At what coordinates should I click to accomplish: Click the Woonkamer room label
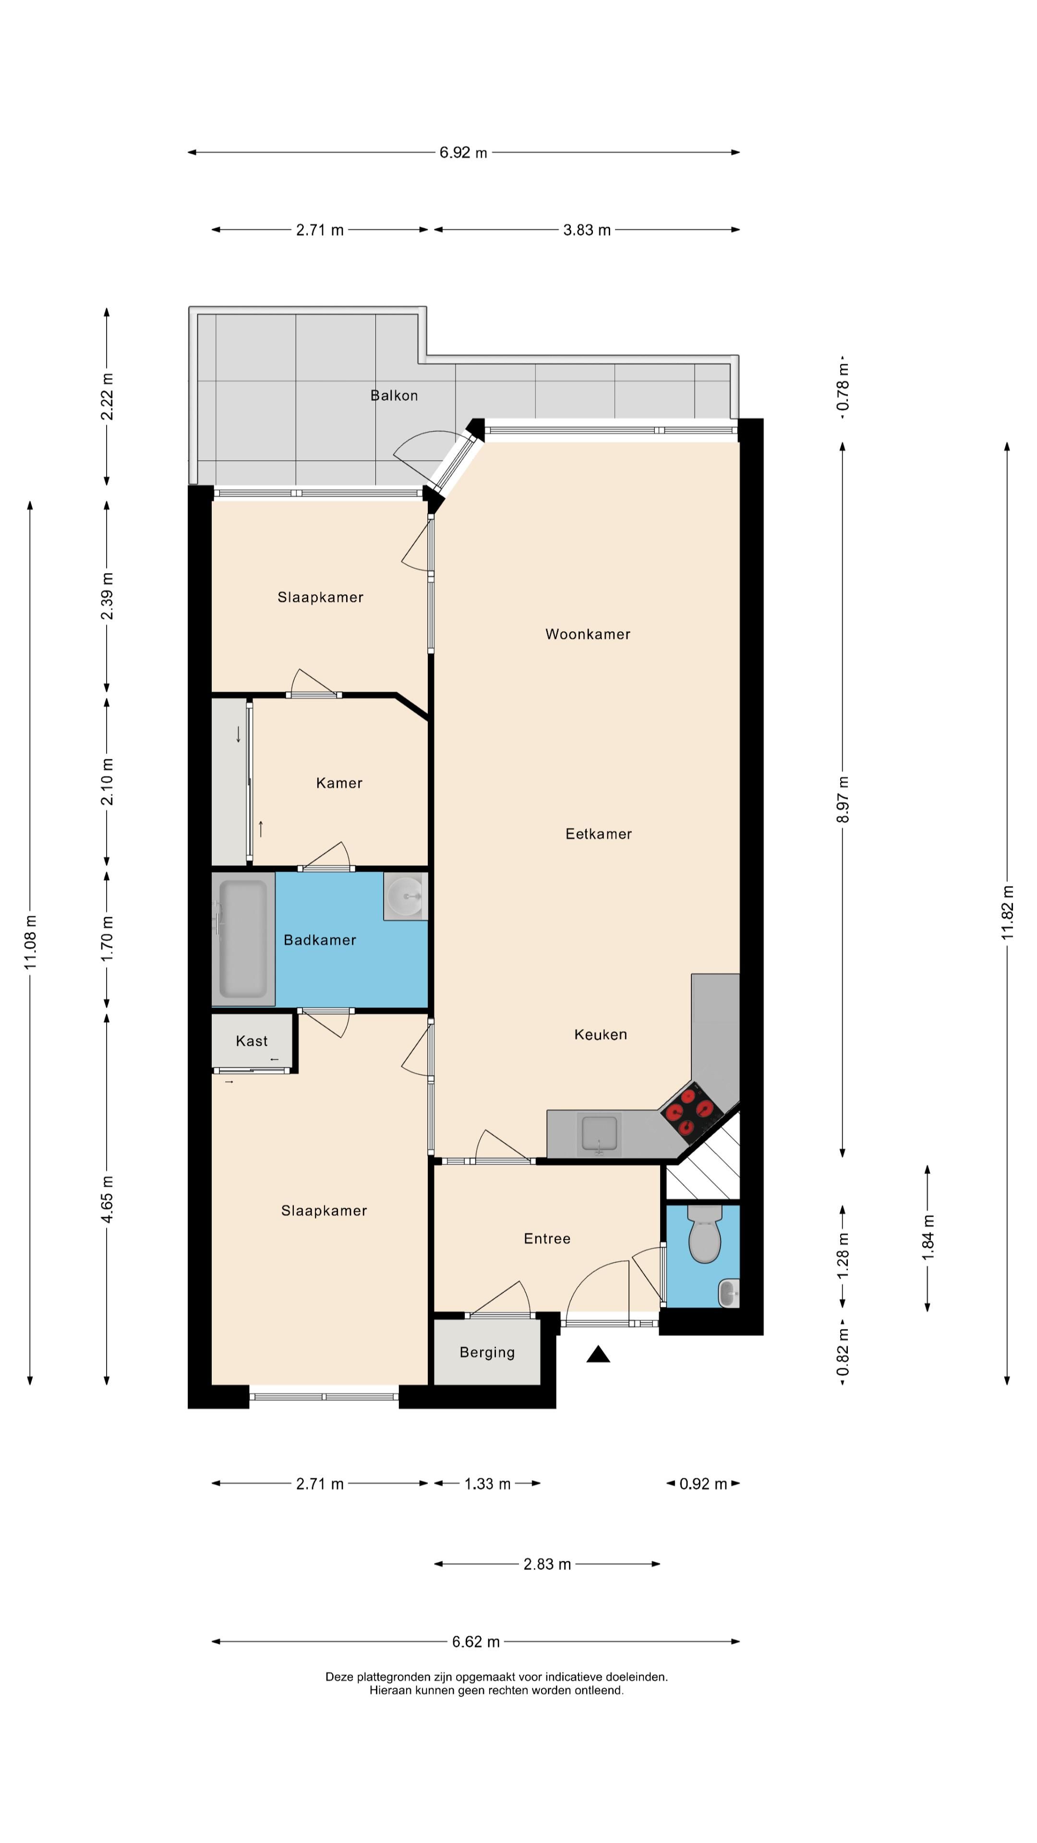[588, 634]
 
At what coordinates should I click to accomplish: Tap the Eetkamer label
[598, 834]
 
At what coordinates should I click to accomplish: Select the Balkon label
[394, 395]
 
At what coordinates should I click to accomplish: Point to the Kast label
[252, 1041]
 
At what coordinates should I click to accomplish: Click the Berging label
[487, 1352]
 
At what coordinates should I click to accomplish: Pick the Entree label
[547, 1238]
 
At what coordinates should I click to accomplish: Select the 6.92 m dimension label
[463, 153]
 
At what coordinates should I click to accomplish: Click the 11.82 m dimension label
[1008, 913]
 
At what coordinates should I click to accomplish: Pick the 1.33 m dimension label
[487, 1484]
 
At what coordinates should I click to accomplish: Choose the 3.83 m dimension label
[587, 230]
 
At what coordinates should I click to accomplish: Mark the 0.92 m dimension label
[703, 1484]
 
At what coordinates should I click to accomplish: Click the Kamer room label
[339, 783]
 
